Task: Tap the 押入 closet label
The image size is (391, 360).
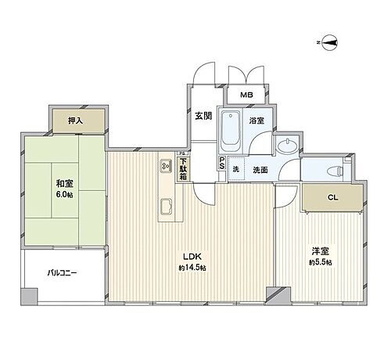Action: (75, 121)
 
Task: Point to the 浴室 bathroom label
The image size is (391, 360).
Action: (256, 121)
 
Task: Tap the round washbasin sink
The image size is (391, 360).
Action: (287, 146)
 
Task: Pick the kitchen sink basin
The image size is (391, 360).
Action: (167, 207)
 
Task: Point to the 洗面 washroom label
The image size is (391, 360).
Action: (260, 170)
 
